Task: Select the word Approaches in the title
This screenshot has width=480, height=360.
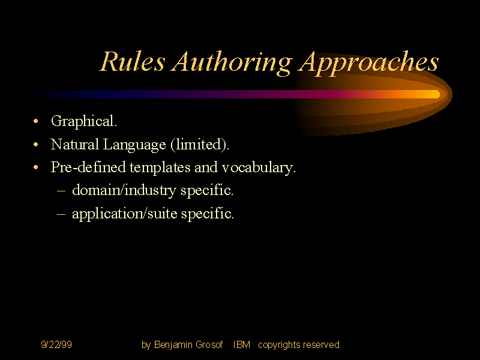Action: pyautogui.click(x=368, y=62)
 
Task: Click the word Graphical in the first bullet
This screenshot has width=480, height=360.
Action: pyautogui.click(x=83, y=122)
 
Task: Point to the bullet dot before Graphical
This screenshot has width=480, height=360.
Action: pyautogui.click(x=37, y=122)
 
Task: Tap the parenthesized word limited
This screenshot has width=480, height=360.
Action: pyautogui.click(x=199, y=145)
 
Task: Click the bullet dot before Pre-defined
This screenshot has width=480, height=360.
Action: pyautogui.click(x=37, y=169)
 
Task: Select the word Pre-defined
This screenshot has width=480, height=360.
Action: pyautogui.click(x=88, y=167)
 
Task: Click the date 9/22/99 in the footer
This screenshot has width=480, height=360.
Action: pyautogui.click(x=56, y=345)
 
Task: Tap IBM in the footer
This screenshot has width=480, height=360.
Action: pyautogui.click(x=242, y=345)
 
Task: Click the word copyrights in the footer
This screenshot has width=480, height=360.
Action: pyautogui.click(x=279, y=345)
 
